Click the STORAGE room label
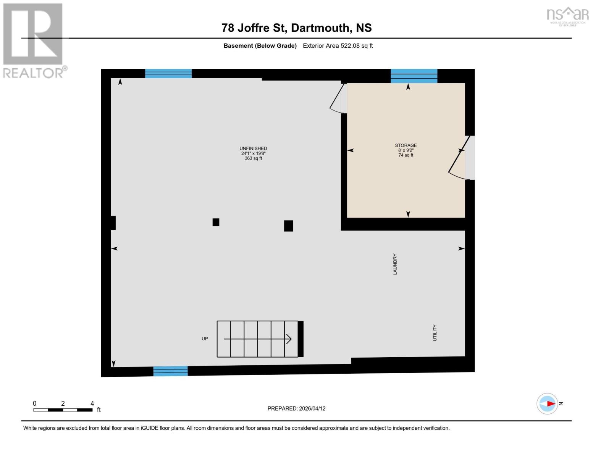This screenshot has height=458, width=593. (x=406, y=145)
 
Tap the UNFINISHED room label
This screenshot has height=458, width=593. (x=253, y=148)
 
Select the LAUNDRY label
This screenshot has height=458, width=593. (x=395, y=264)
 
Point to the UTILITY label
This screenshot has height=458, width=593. (x=435, y=333)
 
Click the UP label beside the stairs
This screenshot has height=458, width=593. (x=205, y=339)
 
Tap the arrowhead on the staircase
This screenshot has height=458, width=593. (x=289, y=339)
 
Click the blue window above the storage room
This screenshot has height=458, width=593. (x=414, y=76)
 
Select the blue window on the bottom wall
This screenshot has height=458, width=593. (x=170, y=371)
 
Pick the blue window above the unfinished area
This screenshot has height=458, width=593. (x=168, y=73)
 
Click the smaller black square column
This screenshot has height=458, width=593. (x=216, y=222)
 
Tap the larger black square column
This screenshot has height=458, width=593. (x=289, y=226)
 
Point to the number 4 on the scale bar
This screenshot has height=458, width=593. (x=92, y=403)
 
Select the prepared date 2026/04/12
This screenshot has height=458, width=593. (x=312, y=408)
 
